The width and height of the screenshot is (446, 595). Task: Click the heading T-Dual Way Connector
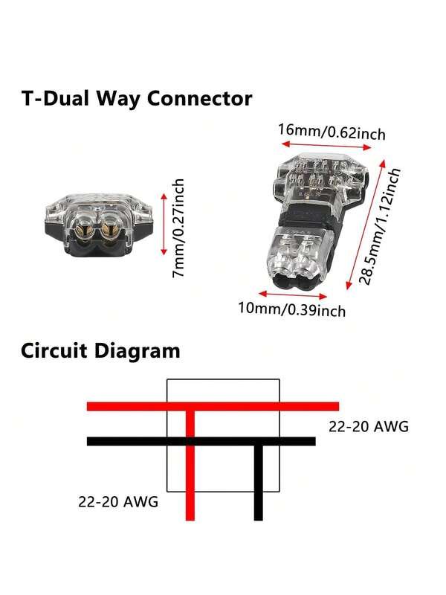136,98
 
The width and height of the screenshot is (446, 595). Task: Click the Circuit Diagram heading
100,350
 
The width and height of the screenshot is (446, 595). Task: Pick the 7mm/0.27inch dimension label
180,228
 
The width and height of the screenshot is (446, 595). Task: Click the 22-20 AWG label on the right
369,428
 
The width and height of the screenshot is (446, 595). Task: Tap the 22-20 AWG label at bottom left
118,501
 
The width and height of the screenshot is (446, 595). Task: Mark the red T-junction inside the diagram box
190,407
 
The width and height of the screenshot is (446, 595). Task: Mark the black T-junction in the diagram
258,442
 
